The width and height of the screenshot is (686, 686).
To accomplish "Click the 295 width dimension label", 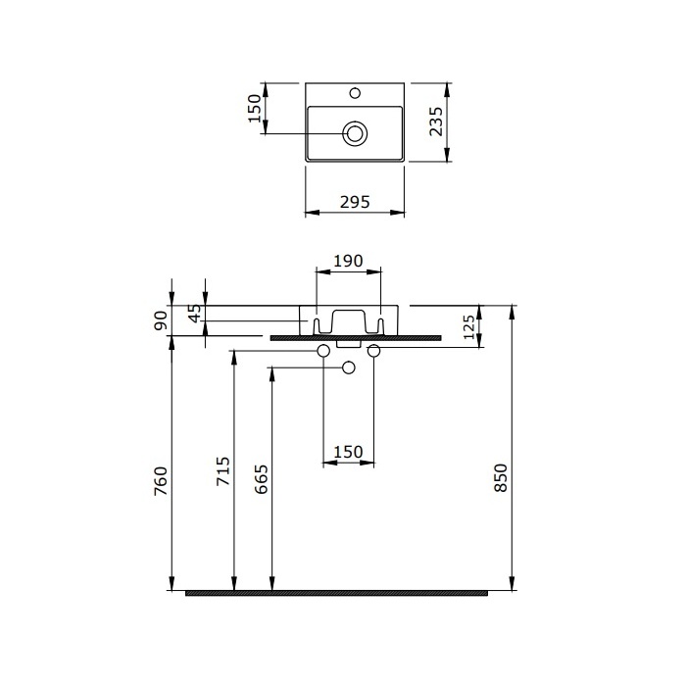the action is tap(355, 202).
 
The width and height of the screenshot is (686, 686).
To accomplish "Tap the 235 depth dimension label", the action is tap(436, 122).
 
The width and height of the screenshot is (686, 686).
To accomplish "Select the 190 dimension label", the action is tap(348, 261).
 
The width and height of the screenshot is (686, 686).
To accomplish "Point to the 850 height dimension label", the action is tap(501, 477).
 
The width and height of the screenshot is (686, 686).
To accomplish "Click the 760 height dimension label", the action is tap(161, 481).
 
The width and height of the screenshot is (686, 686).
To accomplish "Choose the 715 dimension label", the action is tap(223, 470).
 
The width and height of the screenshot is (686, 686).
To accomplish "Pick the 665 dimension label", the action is tap(261, 479).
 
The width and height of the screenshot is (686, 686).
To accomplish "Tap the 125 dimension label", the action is tap(468, 326).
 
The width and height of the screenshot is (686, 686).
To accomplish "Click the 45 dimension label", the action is tap(195, 313).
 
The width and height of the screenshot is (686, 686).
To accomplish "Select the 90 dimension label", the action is tap(161, 320).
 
